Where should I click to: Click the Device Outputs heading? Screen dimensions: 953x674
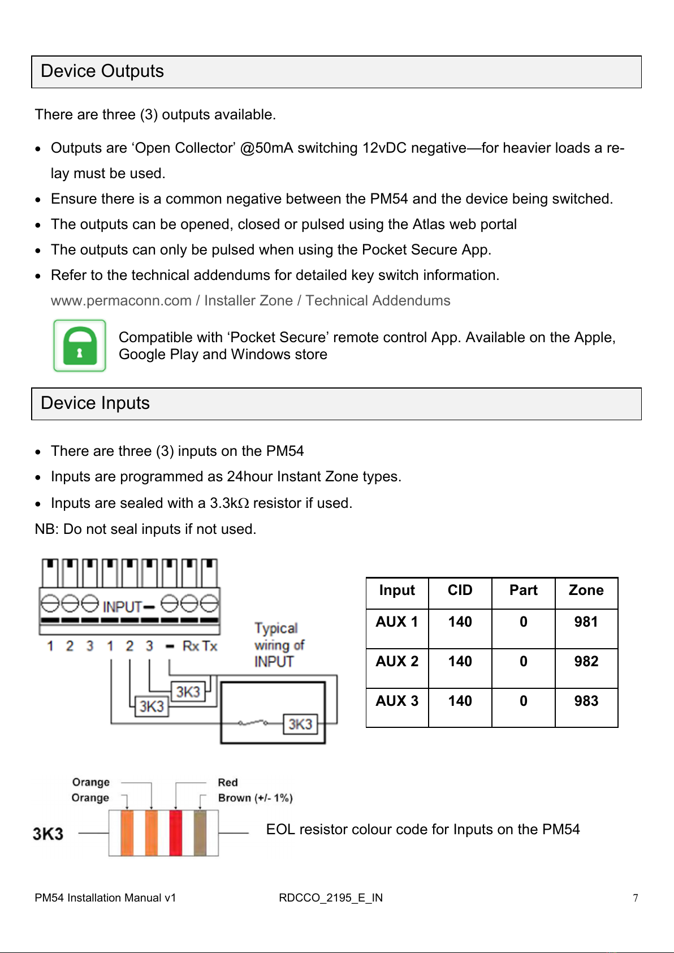pos(102,71)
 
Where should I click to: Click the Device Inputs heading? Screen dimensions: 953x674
pos(95,403)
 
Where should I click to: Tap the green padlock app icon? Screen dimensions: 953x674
pos(80,346)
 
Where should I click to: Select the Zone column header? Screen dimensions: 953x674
pos(586,590)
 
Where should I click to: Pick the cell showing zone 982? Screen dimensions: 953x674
pos(586,662)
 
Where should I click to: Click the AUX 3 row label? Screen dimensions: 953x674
pos(397,701)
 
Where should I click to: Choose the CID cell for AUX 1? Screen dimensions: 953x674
pos(460,622)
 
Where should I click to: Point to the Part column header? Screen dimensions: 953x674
pos(523,590)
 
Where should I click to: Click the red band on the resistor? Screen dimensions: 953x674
pos(176,833)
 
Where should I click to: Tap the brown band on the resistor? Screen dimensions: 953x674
pos(200,833)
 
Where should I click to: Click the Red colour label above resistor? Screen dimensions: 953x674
pos(228,783)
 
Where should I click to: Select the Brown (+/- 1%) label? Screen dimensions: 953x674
pos(255,798)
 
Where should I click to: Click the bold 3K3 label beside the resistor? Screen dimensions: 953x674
pos(48,834)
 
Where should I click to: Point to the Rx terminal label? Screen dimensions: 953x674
pos(191,646)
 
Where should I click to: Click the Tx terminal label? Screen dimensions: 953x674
pos(210,646)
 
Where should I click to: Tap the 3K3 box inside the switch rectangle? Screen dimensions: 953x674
pos(300,725)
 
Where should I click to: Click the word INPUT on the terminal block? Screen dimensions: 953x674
pos(122,607)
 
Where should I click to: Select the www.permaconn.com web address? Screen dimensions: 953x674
pos(121,301)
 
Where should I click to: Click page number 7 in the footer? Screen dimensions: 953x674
pos(636,898)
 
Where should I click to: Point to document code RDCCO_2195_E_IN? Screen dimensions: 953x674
pos(331,898)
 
